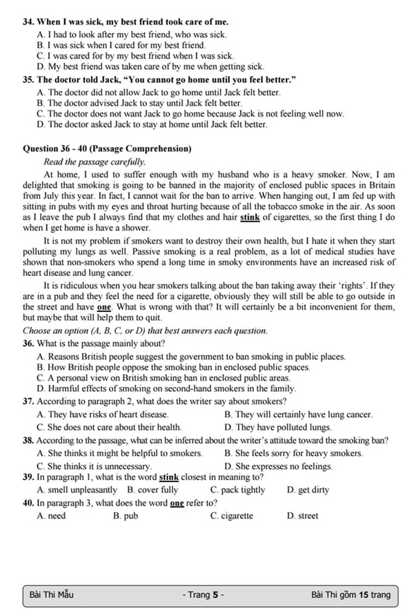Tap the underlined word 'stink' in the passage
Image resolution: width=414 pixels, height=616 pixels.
click(x=250, y=217)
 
